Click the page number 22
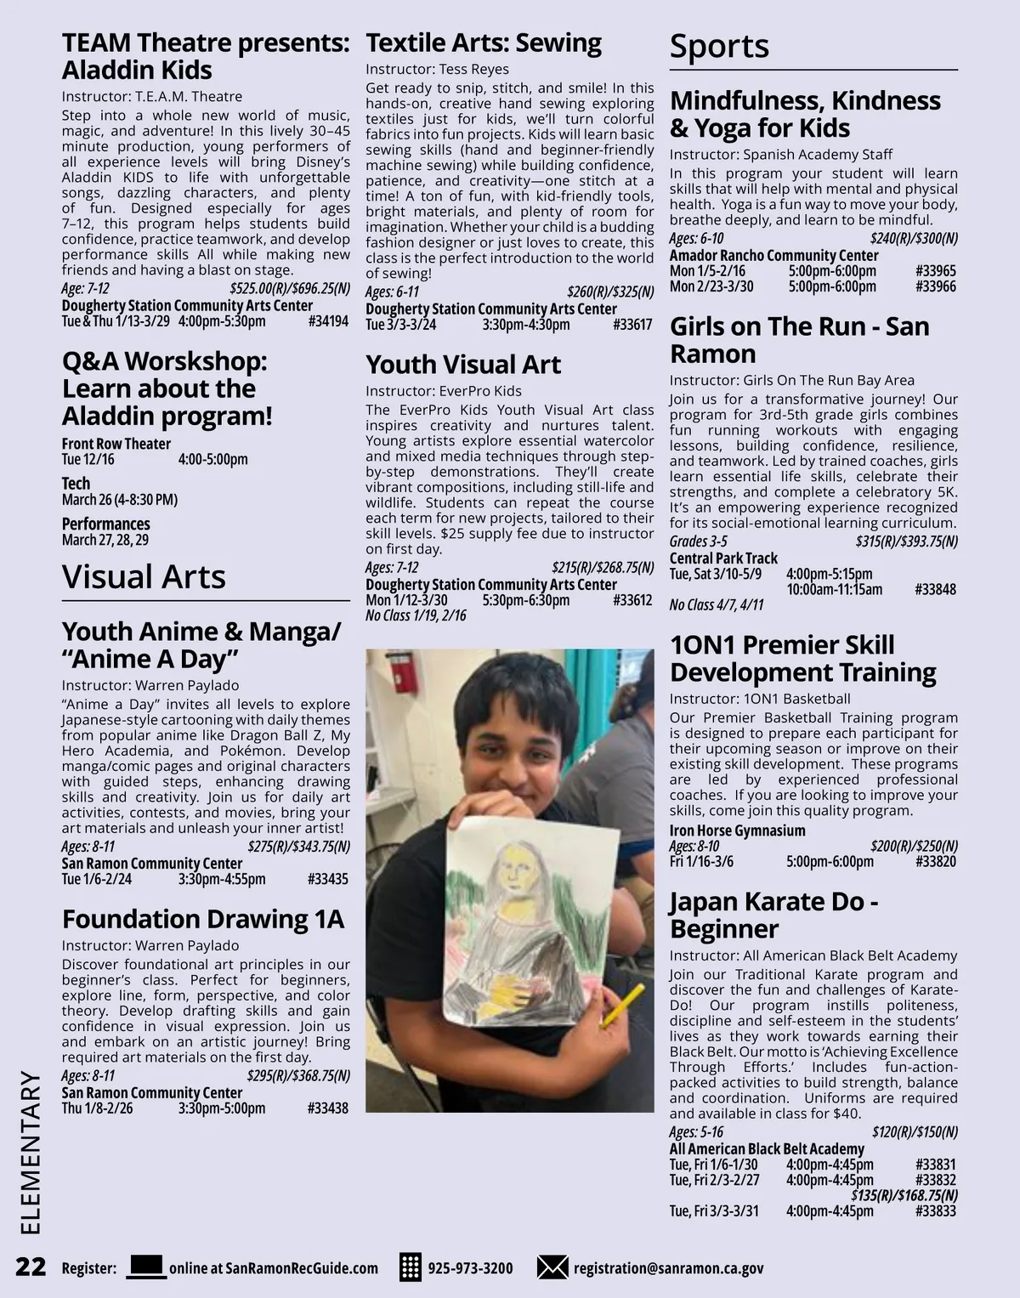(31, 1267)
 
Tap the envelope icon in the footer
(552, 1267)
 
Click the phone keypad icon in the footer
(410, 1267)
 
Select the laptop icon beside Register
(146, 1267)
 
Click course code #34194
(329, 321)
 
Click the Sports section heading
(719, 46)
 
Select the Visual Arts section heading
(144, 576)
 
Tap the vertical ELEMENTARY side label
(31, 1152)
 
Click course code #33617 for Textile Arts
(632, 325)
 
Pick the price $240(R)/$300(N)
(914, 239)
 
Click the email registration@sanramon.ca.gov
(668, 1268)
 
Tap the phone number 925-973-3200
(470, 1268)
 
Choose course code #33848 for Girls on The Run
(936, 589)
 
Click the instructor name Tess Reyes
(474, 69)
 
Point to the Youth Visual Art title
(463, 365)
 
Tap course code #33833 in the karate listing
(936, 1211)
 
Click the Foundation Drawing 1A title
(203, 919)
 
